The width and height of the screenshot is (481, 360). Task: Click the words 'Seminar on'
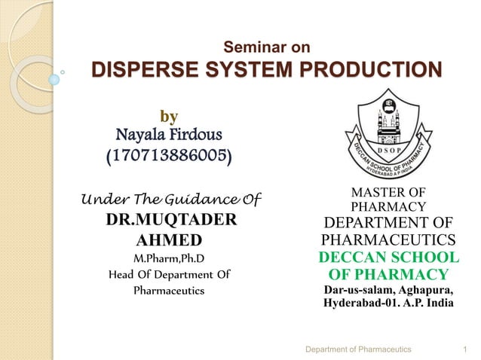click(x=268, y=47)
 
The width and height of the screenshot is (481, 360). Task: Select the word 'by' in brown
click(x=170, y=116)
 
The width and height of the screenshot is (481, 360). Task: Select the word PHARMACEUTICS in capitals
click(x=388, y=240)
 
